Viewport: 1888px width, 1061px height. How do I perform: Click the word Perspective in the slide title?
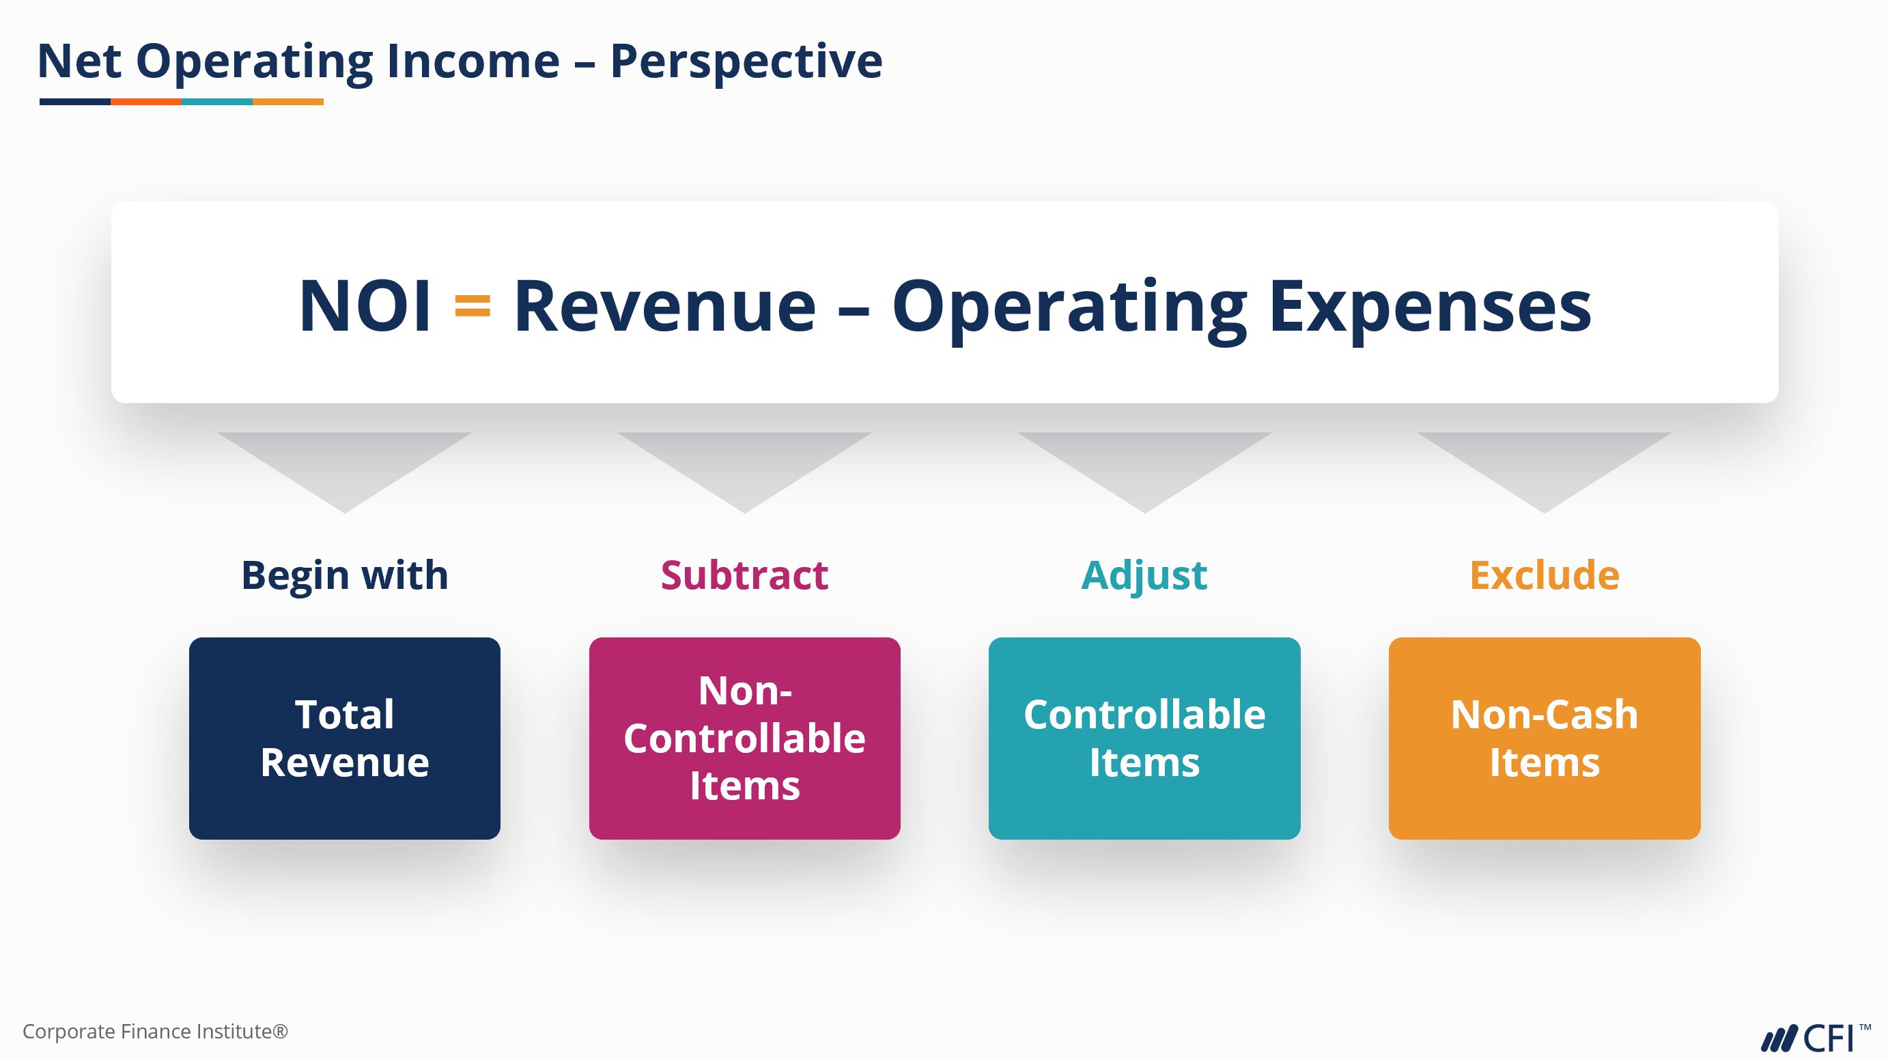[746, 61]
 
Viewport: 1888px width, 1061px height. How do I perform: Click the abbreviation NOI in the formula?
[365, 306]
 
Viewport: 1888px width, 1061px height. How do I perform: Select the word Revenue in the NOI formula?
[665, 306]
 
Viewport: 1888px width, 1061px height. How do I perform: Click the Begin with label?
[344, 576]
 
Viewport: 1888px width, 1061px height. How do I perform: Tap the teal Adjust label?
[1144, 577]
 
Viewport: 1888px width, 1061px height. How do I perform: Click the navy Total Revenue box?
[344, 739]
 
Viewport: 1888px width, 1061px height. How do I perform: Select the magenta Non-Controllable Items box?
[745, 739]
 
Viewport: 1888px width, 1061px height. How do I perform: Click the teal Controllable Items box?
[1144, 739]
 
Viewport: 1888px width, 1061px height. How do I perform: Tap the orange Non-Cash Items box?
[1545, 739]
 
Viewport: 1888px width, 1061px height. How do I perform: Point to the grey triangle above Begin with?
[344, 462]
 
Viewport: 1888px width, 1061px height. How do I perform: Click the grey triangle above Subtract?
[745, 462]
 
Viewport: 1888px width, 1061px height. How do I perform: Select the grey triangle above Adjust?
[1144, 462]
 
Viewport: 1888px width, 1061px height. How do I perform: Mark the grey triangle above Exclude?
[1545, 462]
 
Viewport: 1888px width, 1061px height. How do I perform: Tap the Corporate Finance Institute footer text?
[156, 1032]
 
